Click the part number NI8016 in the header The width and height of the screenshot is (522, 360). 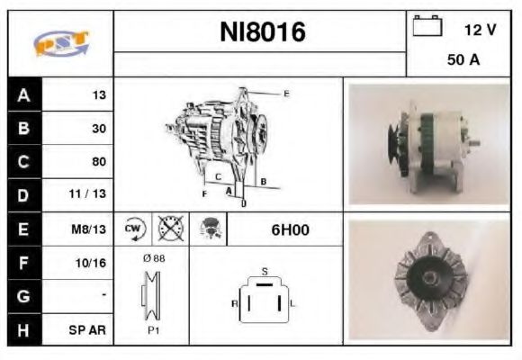[263, 33]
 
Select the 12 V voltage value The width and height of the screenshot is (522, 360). [480, 30]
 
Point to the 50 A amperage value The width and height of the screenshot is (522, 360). [462, 61]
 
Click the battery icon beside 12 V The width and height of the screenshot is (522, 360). [426, 28]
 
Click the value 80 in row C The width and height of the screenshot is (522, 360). [98, 162]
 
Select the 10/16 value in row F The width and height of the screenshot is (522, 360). [93, 263]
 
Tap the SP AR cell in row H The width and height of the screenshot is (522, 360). [89, 329]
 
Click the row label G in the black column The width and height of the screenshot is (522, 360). [22, 296]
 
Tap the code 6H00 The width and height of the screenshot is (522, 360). [290, 229]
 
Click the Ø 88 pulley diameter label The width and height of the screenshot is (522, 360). [153, 258]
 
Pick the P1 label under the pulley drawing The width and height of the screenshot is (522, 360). [152, 331]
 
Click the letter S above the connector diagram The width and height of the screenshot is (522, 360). [264, 271]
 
